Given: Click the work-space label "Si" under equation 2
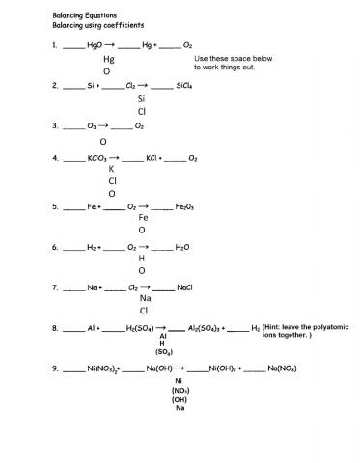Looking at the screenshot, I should [142, 98].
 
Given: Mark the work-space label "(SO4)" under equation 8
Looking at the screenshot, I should [163, 353].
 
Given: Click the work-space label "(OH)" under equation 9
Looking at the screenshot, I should [179, 399].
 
